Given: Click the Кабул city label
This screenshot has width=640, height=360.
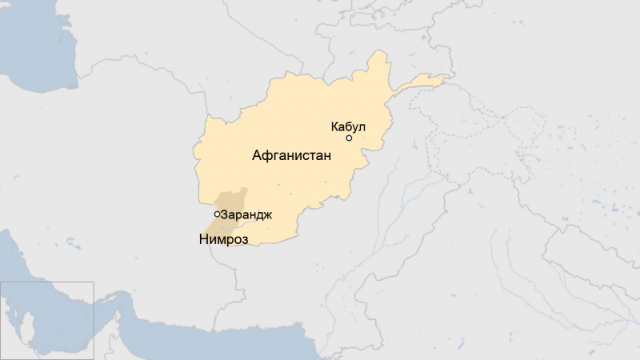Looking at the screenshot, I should tap(348, 126).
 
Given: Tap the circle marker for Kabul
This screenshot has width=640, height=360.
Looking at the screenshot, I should tap(349, 138).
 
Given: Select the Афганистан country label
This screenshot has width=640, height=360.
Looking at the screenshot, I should tap(291, 156).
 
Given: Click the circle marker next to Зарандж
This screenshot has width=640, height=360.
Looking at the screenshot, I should tap(218, 214).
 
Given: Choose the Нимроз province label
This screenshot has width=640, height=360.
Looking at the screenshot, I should tap(223, 239).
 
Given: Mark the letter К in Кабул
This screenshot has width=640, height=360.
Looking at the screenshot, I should tap(334, 126).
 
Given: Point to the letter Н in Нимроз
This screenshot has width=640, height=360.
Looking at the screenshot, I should tap(203, 239).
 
